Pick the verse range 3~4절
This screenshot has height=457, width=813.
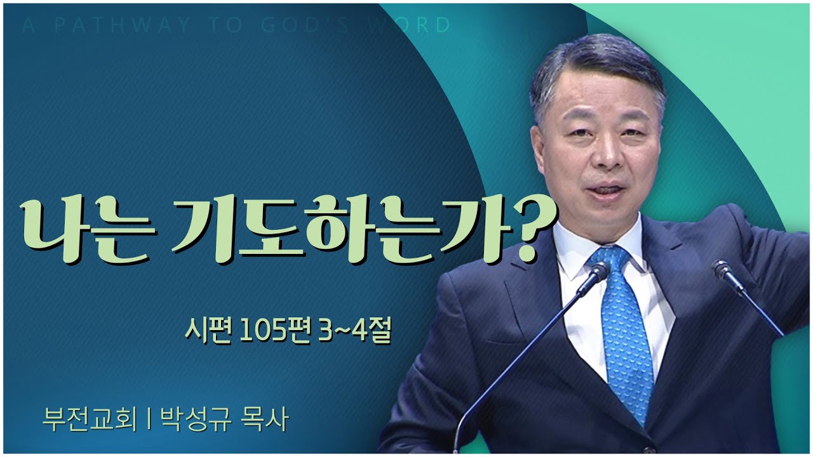tap(352, 331)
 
